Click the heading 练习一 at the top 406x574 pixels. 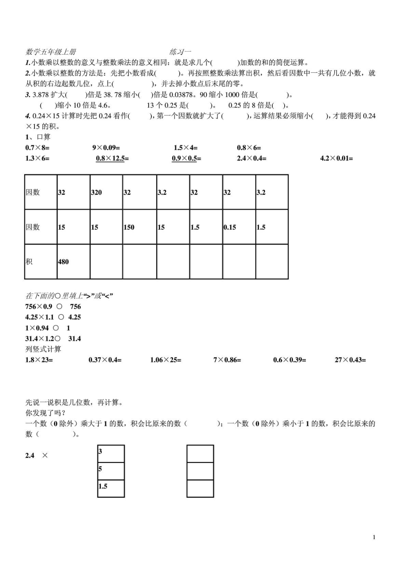pyautogui.click(x=180, y=52)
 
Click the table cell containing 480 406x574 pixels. pyautogui.click(x=73, y=261)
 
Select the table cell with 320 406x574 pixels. pyautogui.click(x=106, y=192)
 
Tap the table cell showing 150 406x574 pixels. pyautogui.click(x=139, y=227)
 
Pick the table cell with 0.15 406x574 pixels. pyautogui.click(x=239, y=227)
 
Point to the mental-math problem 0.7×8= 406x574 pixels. pyautogui.click(x=38, y=148)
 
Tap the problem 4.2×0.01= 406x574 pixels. pyautogui.click(x=336, y=158)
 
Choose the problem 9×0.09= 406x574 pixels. pyautogui.click(x=106, y=148)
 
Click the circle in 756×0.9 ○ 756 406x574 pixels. pyautogui.click(x=60, y=306)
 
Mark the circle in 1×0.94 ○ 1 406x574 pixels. pyautogui.click(x=56, y=328)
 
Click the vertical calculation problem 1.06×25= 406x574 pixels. pyautogui.click(x=165, y=360)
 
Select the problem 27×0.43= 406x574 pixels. pyautogui.click(x=350, y=360)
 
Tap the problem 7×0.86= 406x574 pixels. pyautogui.click(x=227, y=360)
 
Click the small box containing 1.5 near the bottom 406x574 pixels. pyautogui.click(x=111, y=488)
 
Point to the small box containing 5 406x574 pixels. pyautogui.click(x=111, y=471)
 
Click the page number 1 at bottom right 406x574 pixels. pyautogui.click(x=374, y=537)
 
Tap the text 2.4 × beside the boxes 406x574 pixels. pyautogui.click(x=36, y=455)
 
